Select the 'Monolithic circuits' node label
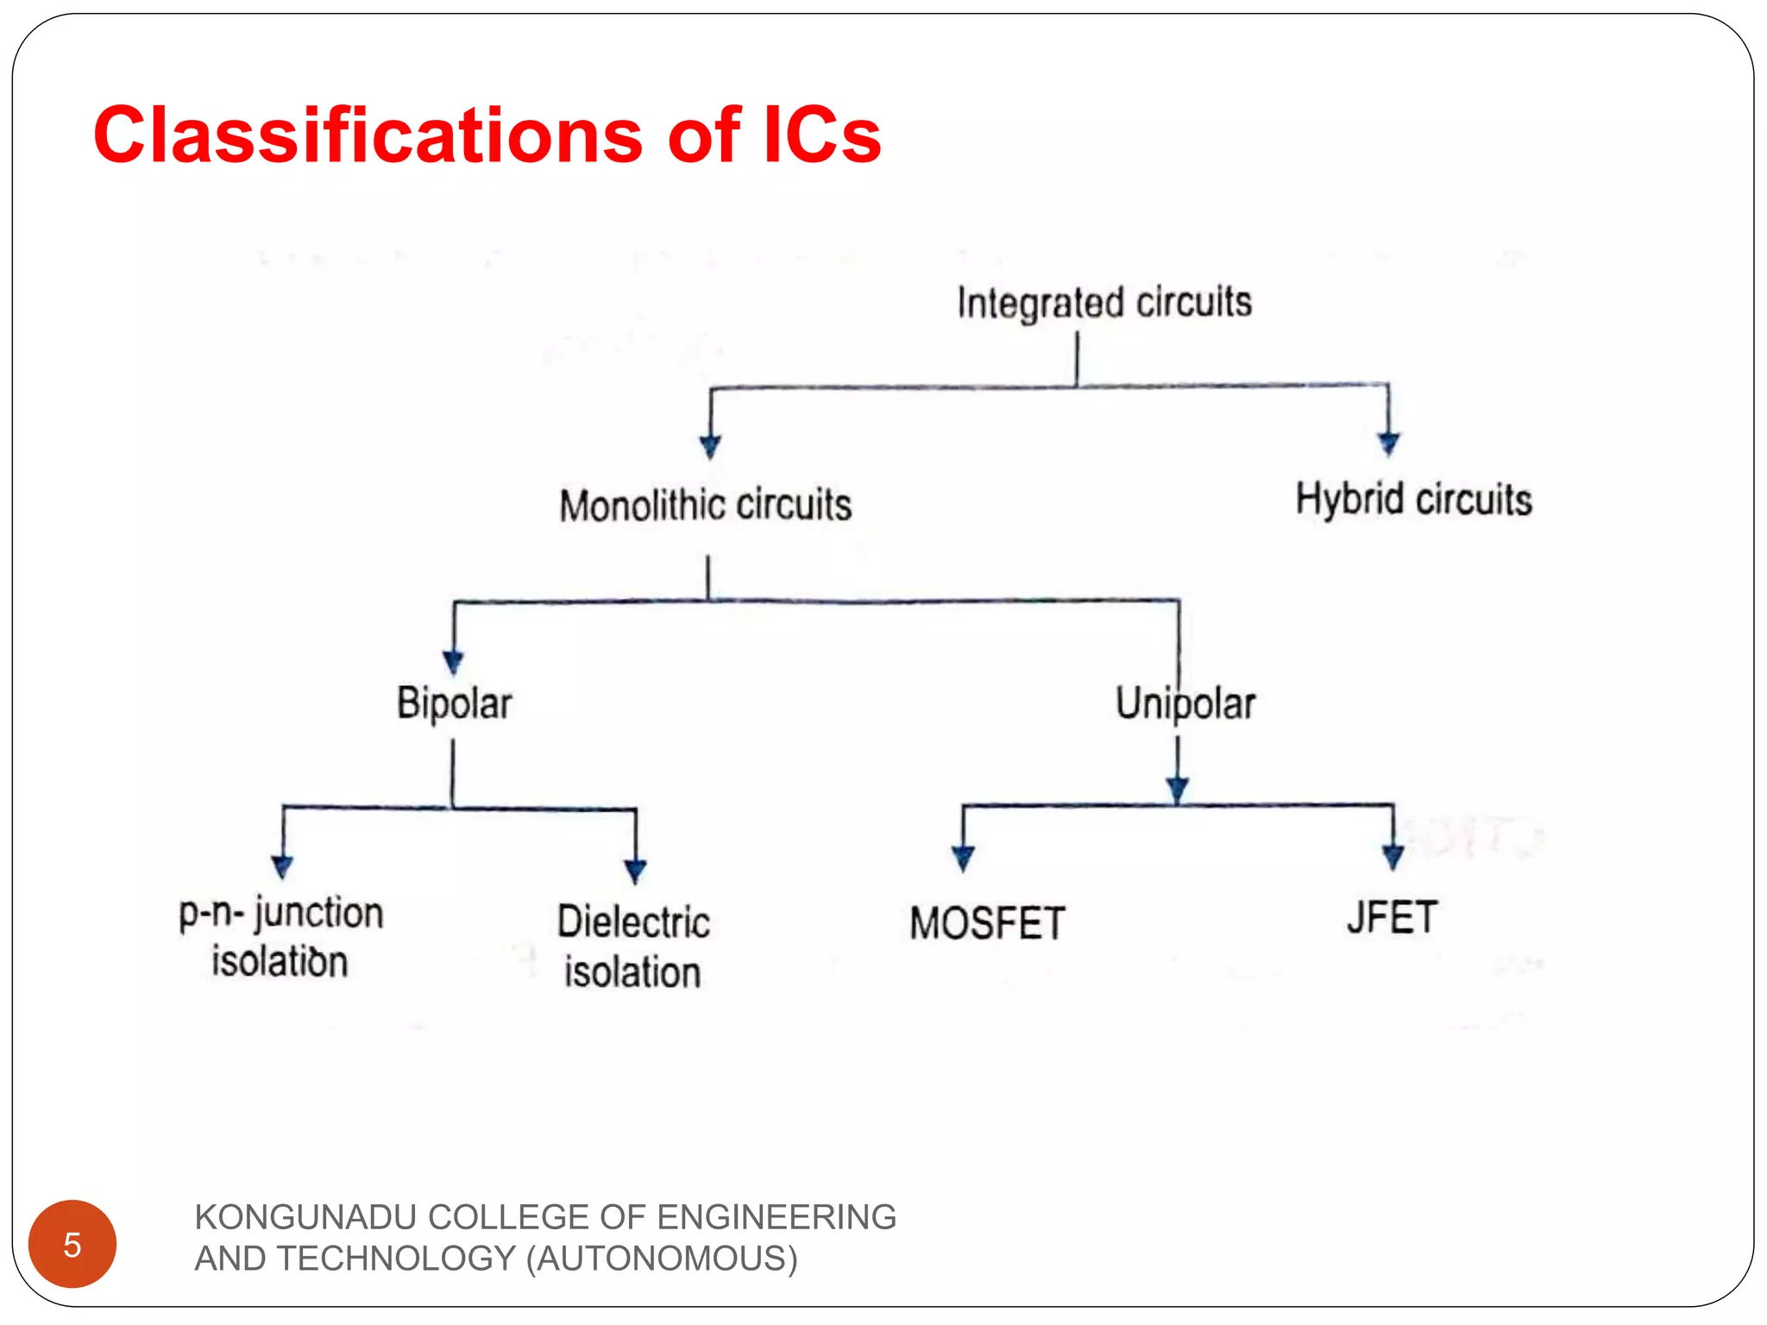(705, 506)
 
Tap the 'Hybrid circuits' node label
(1413, 500)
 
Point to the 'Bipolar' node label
(454, 704)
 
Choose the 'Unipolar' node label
(1185, 704)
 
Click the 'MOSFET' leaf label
(987, 924)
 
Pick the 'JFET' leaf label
(1392, 918)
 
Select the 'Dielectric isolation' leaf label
(633, 947)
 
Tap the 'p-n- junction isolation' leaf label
(280, 938)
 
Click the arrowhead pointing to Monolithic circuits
(710, 446)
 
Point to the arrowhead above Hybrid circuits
(1388, 443)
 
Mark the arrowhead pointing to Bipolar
(454, 662)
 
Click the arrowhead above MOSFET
(963, 858)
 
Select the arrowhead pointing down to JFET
(1393, 857)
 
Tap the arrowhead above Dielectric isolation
(636, 871)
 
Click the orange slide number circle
(72, 1244)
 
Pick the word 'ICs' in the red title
(821, 135)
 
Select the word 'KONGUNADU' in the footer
(306, 1217)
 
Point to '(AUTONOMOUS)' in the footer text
(662, 1259)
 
